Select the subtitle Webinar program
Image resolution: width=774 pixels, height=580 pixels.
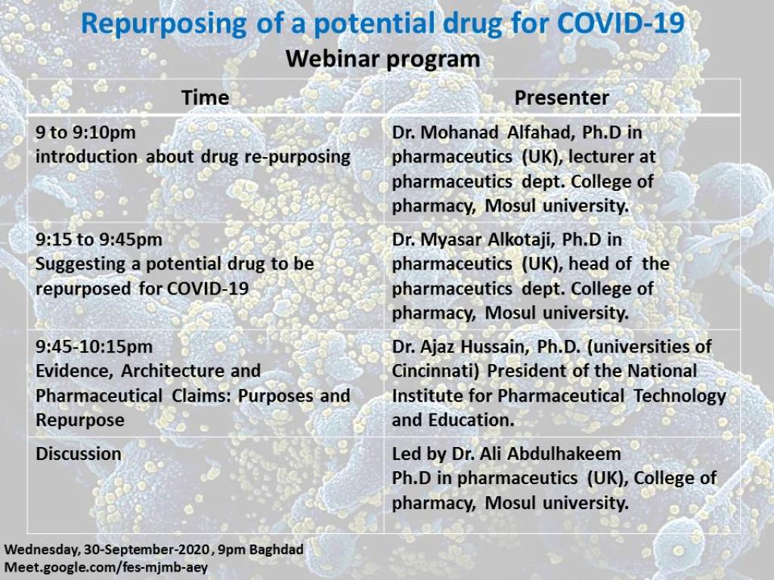click(x=383, y=59)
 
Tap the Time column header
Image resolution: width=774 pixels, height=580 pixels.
click(x=206, y=97)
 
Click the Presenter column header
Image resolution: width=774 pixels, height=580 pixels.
click(x=562, y=97)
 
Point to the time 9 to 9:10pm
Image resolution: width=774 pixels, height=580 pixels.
click(x=85, y=132)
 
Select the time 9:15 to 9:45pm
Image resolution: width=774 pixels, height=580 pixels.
click(x=99, y=239)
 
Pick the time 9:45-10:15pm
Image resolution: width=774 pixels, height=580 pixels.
click(x=94, y=346)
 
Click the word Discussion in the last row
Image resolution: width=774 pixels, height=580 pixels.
click(x=79, y=453)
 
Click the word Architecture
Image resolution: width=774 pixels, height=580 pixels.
click(x=191, y=371)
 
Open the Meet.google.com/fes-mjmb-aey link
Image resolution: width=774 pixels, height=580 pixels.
click(x=106, y=567)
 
